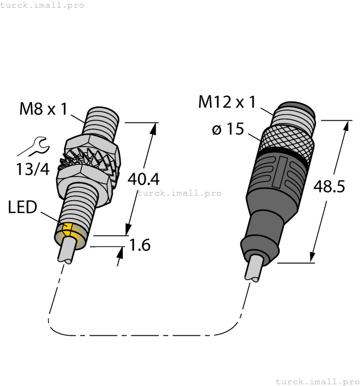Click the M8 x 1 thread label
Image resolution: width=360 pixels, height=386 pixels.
[x=43, y=109]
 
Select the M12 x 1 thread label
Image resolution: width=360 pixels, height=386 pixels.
[x=227, y=102]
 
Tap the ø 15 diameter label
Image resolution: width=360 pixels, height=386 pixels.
[x=228, y=130]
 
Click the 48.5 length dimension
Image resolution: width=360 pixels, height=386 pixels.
[x=329, y=186]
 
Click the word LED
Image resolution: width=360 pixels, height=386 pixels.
[x=23, y=208]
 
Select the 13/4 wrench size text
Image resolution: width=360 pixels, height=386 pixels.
[x=32, y=169]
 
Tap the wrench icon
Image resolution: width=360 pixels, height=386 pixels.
[x=32, y=147]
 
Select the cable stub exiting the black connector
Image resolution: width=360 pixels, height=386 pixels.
[x=255, y=270]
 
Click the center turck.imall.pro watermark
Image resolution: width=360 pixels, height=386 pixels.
[x=179, y=193]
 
